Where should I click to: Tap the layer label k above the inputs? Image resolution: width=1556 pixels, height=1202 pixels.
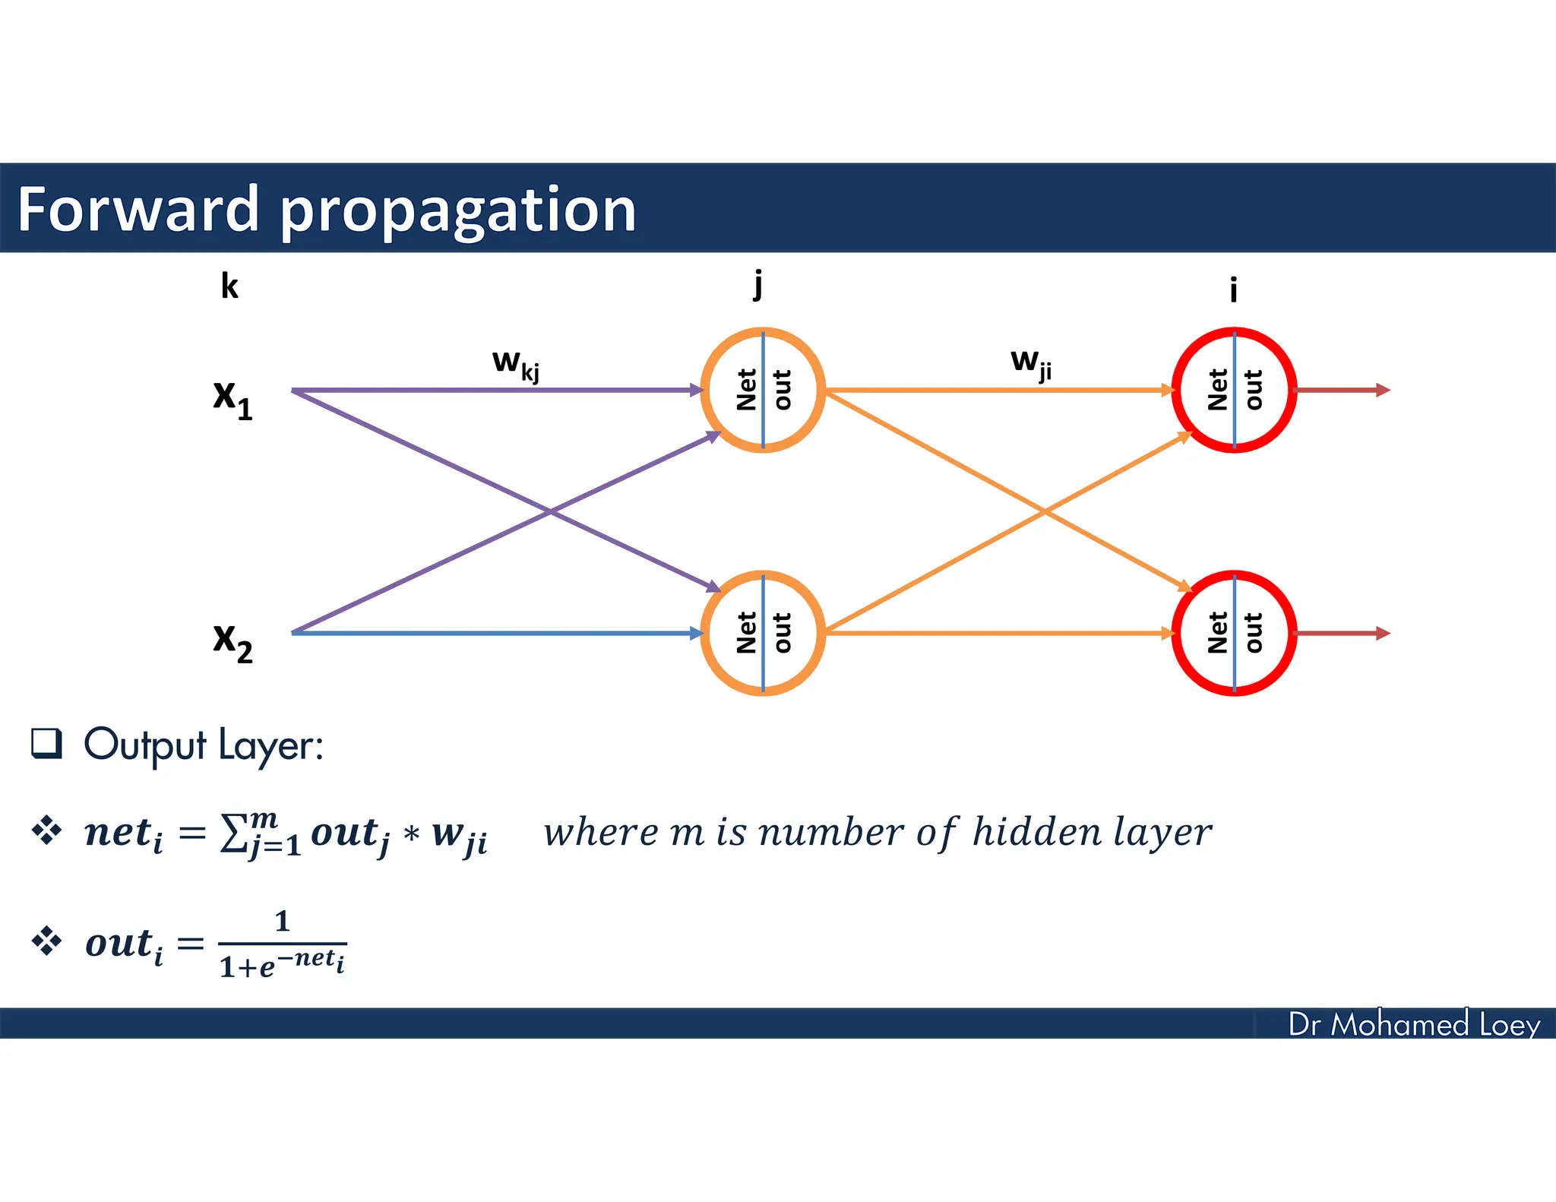pyautogui.click(x=229, y=286)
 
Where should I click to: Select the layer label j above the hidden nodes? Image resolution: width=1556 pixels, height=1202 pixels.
pyautogui.click(x=757, y=284)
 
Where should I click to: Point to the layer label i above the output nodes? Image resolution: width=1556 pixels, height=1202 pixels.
pyautogui.click(x=1233, y=289)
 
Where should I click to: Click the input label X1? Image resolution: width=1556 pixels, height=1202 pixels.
pyautogui.click(x=232, y=398)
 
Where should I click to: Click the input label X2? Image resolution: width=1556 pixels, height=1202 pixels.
pyautogui.click(x=232, y=641)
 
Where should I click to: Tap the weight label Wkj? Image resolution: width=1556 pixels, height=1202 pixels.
pyautogui.click(x=516, y=364)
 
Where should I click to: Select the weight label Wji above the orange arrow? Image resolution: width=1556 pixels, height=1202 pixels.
pyautogui.click(x=1031, y=362)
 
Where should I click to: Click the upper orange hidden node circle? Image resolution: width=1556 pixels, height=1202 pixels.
pyautogui.click(x=763, y=390)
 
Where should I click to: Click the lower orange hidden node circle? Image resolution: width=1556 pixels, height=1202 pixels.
pyautogui.click(x=763, y=633)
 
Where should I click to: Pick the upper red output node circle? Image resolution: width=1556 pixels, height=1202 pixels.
pyautogui.click(x=1234, y=390)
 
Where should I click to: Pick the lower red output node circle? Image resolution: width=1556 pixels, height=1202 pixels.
pyautogui.click(x=1234, y=633)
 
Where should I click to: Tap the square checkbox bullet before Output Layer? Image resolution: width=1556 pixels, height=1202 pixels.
pyautogui.click(x=46, y=743)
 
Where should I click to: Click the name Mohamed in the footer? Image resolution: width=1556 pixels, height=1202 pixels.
pyautogui.click(x=1399, y=1024)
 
